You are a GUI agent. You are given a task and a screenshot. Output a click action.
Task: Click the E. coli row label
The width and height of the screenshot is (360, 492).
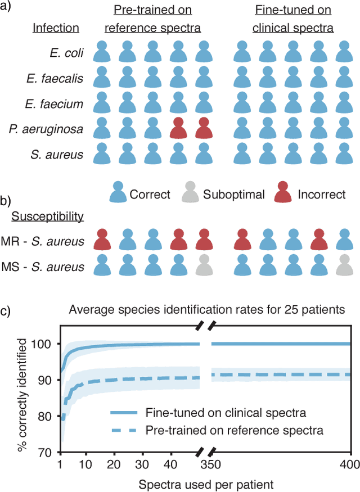click(x=66, y=53)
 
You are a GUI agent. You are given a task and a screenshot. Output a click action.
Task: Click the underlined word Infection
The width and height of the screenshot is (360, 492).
click(x=56, y=28)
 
